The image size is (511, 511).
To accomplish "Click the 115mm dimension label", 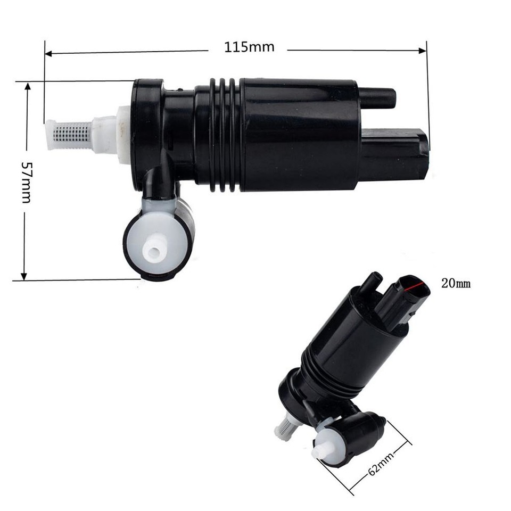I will pos(249,47).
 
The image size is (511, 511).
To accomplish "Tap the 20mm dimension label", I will pos(456,284).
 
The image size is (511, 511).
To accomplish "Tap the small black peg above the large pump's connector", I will pos(378,97).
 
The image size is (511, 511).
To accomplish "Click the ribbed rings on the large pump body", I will pos(223,135).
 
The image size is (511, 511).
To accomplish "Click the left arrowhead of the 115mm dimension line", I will pos(48,53).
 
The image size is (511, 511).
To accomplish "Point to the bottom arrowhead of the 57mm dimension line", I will pos(24,275).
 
